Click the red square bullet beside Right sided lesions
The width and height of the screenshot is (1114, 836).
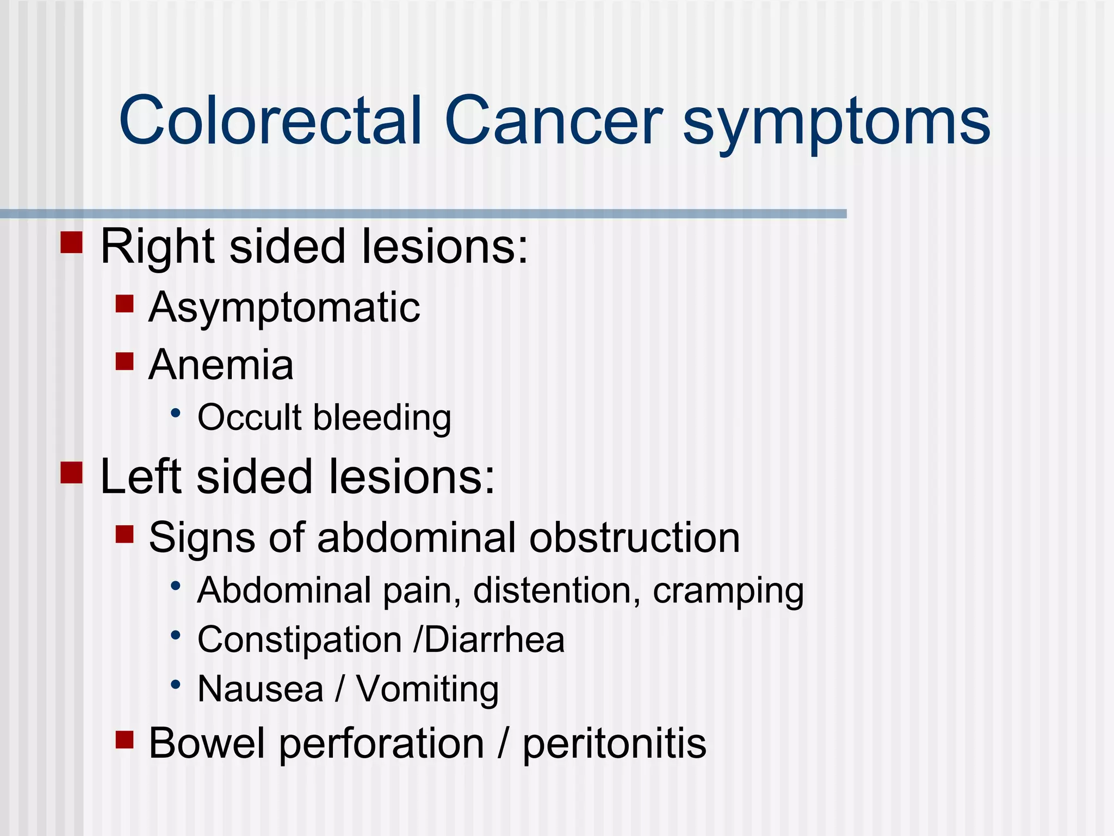71,243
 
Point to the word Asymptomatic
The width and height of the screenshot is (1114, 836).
284,308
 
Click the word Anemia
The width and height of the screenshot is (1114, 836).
221,365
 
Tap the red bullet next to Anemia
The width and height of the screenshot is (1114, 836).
125,361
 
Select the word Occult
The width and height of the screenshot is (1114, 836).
249,417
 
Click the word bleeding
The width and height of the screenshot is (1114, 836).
382,418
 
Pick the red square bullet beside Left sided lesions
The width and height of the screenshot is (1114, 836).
71,472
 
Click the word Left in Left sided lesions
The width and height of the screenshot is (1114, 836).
141,477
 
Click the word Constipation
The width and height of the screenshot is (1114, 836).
299,640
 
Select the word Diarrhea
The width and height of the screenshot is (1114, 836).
494,640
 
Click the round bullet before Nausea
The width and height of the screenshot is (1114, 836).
175,685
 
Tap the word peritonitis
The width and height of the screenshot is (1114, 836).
614,744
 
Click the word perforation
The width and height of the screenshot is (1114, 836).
381,744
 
